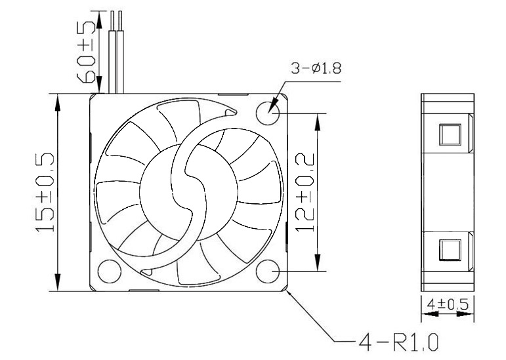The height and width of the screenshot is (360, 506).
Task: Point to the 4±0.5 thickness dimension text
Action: tap(447, 304)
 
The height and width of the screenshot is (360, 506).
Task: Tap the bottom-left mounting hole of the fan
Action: tap(108, 271)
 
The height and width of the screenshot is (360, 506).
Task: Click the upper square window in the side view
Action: tap(450, 133)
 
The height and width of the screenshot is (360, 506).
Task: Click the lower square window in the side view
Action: tap(450, 250)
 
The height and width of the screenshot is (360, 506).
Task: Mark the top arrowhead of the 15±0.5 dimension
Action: tap(59, 99)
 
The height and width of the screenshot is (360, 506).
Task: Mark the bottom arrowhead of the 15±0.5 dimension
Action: tap(59, 285)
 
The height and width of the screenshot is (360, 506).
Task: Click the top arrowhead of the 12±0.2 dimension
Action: tap(319, 118)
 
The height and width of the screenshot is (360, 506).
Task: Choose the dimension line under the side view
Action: tap(447, 315)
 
